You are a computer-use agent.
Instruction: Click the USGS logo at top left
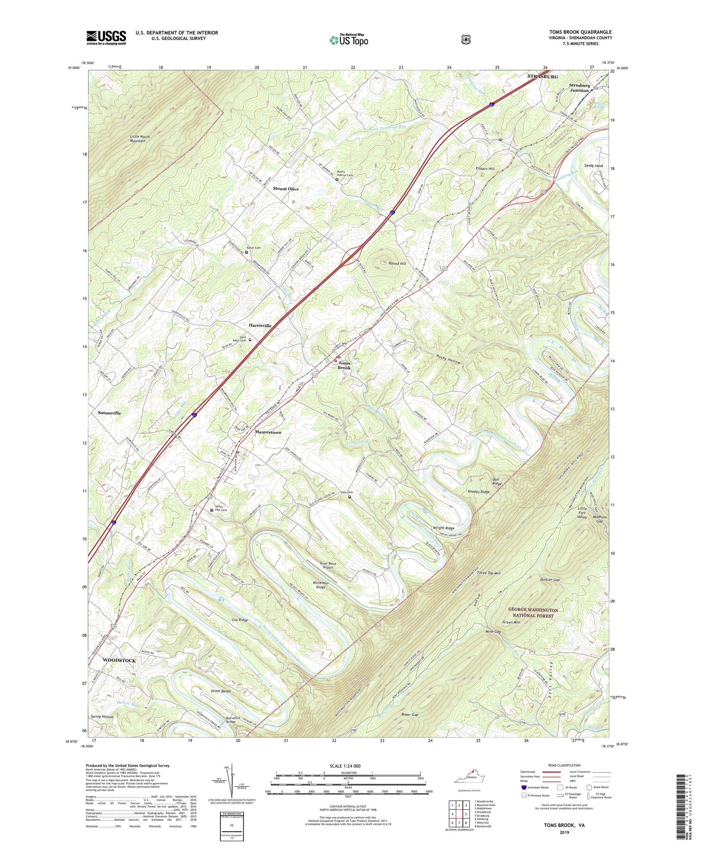pos(106,37)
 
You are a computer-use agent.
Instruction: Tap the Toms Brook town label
pos(344,365)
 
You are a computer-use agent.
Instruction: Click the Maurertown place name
pos(268,432)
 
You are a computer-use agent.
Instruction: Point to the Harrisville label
pos(260,325)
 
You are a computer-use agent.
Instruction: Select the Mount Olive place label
pos(285,188)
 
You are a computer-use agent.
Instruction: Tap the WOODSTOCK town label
pos(119,660)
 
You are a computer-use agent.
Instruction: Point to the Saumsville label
pos(109,413)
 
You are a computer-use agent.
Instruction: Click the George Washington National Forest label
pos(533,613)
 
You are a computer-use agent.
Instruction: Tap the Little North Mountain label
pos(138,138)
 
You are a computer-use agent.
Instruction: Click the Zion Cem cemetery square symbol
pos(349,497)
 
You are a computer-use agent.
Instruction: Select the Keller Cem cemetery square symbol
pos(247,252)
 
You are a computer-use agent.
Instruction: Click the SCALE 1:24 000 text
pos(348,766)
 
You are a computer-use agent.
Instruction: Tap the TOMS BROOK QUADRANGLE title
pos(574,32)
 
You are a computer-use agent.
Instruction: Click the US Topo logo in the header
pos(349,39)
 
